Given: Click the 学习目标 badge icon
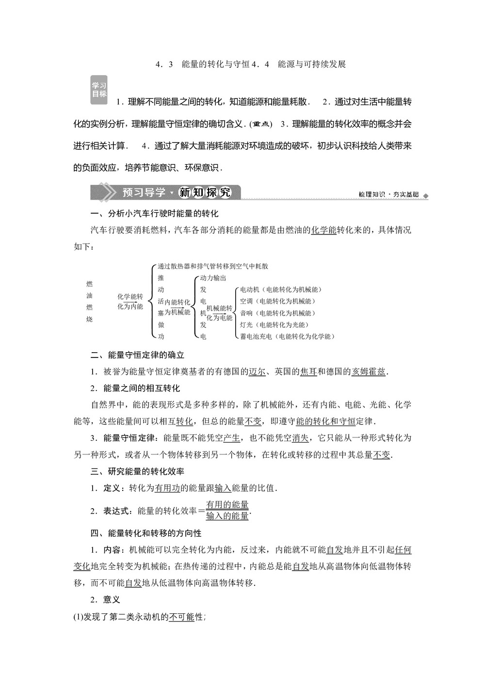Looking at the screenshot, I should pos(99,90).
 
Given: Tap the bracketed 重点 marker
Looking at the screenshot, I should pos(261,124).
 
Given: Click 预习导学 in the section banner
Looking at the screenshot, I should pos(144,192).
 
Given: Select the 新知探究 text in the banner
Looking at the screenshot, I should pos(206,192).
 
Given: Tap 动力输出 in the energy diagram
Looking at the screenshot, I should pos(213,278).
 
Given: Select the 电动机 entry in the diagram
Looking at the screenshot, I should pos(250,290).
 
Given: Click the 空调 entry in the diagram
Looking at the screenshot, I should pos(246,301).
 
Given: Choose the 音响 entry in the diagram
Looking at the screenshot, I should pos(246,313).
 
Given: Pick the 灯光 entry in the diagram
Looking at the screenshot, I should pos(246,325).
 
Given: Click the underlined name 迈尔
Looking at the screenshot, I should pos(257,372).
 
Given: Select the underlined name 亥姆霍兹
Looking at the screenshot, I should pos(369,372).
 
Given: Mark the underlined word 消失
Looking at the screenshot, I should pos(300,438).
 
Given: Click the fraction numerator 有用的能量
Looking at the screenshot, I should pos(227,505).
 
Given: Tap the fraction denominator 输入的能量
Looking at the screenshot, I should pos(227,516).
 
